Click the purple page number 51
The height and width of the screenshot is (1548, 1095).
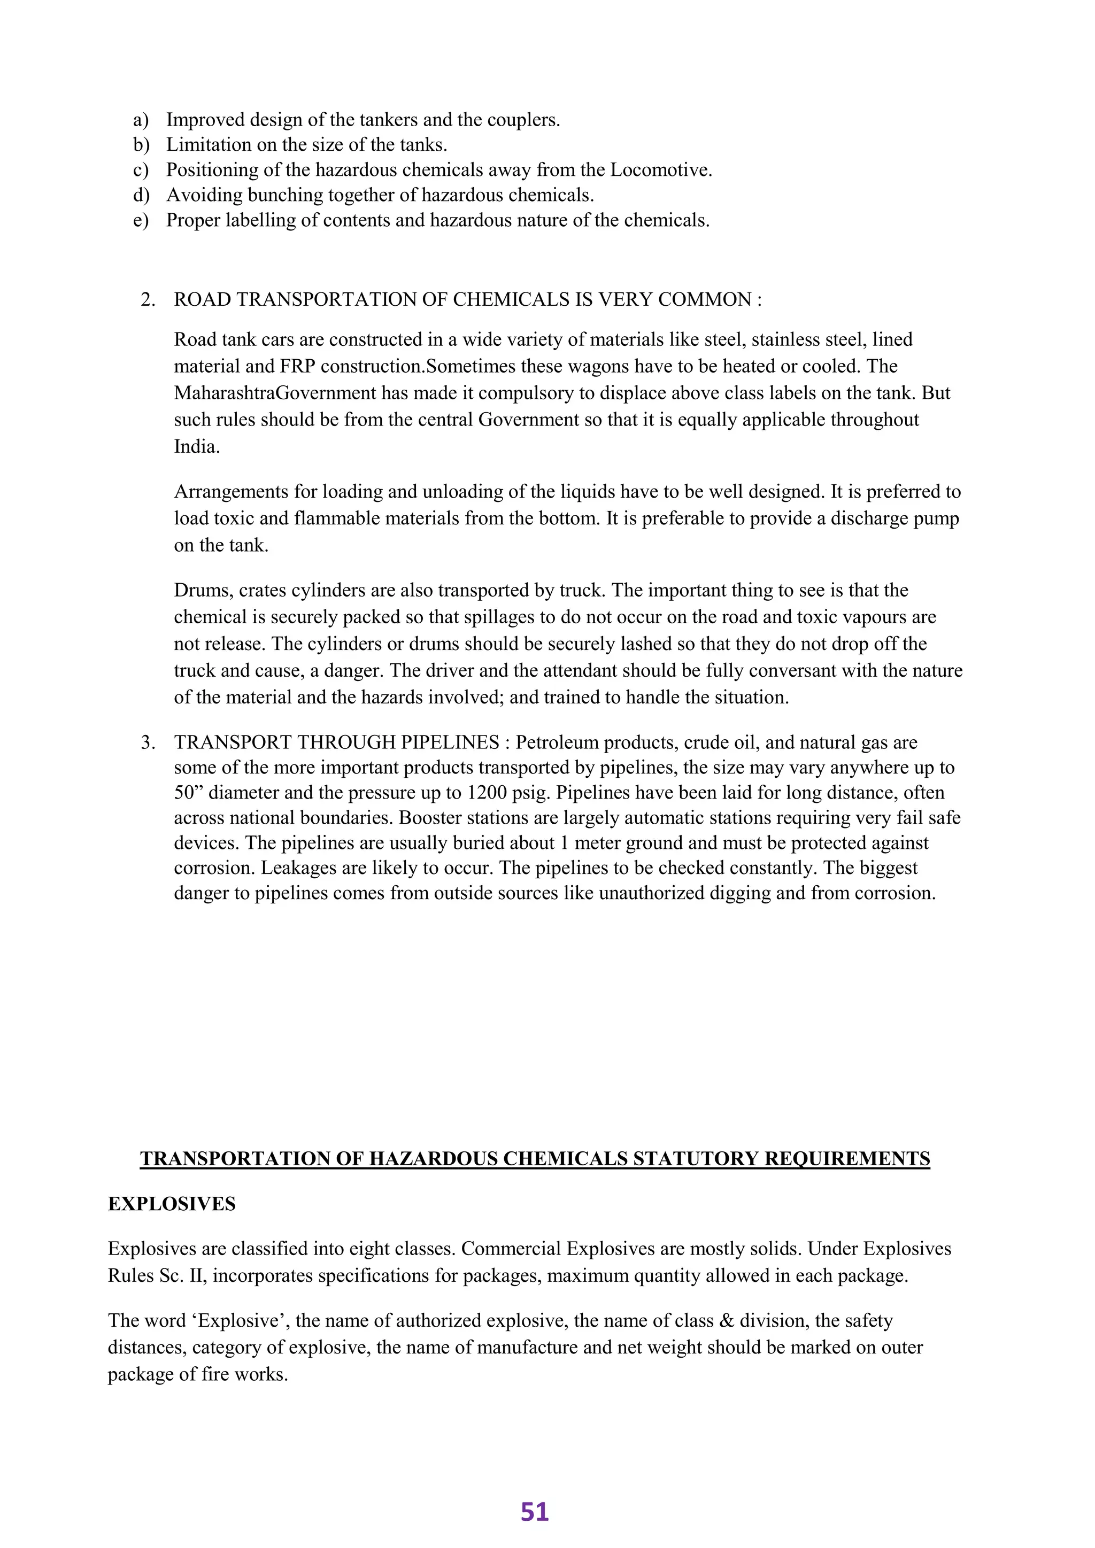click(x=535, y=1512)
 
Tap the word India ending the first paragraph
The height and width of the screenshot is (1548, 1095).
click(x=196, y=446)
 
